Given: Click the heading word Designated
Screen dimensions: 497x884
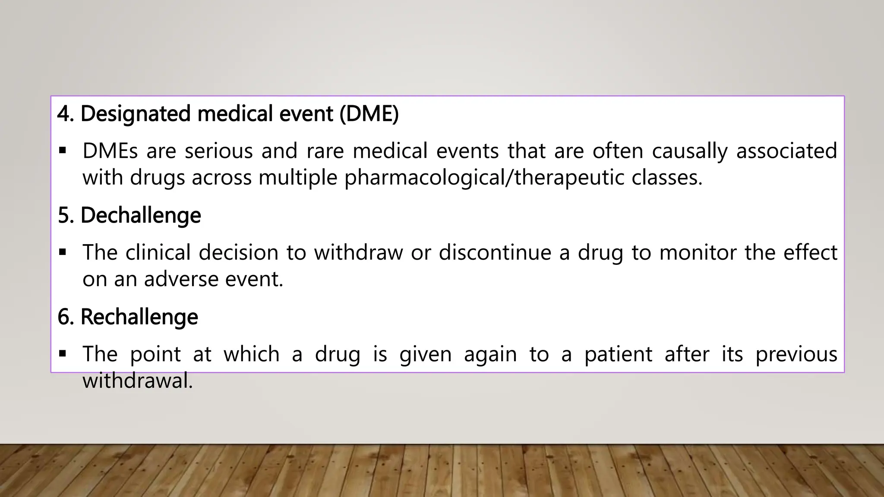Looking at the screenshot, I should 136,114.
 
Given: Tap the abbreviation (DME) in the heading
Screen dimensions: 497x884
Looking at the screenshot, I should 369,114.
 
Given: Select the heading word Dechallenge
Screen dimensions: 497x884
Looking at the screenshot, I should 141,215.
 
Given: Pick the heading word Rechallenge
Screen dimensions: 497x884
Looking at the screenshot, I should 139,317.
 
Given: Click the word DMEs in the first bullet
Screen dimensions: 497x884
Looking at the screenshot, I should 110,151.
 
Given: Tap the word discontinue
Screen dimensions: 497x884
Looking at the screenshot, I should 495,252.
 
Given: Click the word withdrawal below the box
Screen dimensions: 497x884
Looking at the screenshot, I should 137,381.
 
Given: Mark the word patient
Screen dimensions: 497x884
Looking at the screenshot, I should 618,354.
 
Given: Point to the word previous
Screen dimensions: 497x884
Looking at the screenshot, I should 796,354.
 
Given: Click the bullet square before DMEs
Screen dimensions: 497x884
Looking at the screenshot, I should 63,151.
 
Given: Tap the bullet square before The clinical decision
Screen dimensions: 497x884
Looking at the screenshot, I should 63,252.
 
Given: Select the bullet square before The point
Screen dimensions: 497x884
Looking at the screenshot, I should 63,354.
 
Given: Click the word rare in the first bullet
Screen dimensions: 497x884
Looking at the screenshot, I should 325,151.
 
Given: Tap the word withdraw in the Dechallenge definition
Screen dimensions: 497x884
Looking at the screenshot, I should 358,252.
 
